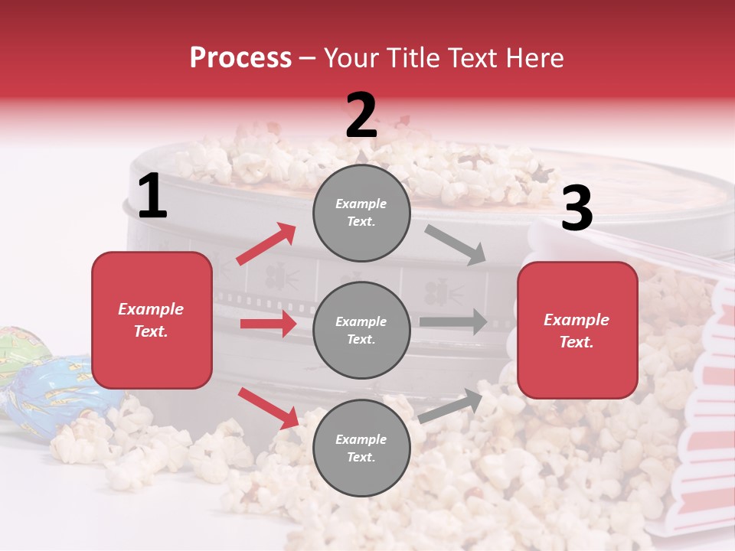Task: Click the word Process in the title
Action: [x=240, y=58]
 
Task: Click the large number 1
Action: [x=152, y=197]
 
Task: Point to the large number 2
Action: [x=361, y=116]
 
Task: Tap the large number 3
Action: [x=577, y=209]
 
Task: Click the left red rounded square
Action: [x=152, y=320]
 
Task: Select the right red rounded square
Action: [x=577, y=330]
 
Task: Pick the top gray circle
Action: [x=361, y=213]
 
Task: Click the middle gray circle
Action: [x=361, y=330]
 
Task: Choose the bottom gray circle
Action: [x=361, y=448]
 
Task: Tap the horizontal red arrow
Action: [x=268, y=324]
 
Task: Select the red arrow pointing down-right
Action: [x=268, y=407]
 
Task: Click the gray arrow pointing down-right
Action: [x=456, y=244]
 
